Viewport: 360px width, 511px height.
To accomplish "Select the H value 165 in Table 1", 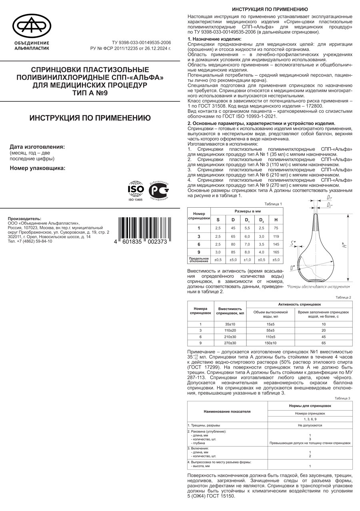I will coord(276,252).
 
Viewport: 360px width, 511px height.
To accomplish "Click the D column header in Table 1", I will coord(233,219).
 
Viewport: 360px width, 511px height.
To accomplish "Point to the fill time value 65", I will coord(324,343).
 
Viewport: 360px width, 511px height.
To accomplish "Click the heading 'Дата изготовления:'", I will coord(37,146).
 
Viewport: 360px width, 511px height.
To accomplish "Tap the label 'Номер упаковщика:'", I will coord(37,168).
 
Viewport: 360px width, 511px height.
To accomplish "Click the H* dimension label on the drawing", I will coord(344,246).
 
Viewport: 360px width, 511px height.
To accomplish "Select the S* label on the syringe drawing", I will coord(294,243).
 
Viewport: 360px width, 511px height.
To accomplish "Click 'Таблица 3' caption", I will coord(343,398).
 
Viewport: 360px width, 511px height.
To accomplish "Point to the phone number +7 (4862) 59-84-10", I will coord(30,241).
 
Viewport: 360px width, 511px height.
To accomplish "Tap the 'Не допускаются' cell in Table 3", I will coord(310,425).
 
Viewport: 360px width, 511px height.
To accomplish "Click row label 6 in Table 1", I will coord(199,244).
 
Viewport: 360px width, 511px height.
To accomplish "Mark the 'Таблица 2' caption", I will coord(343,297).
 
